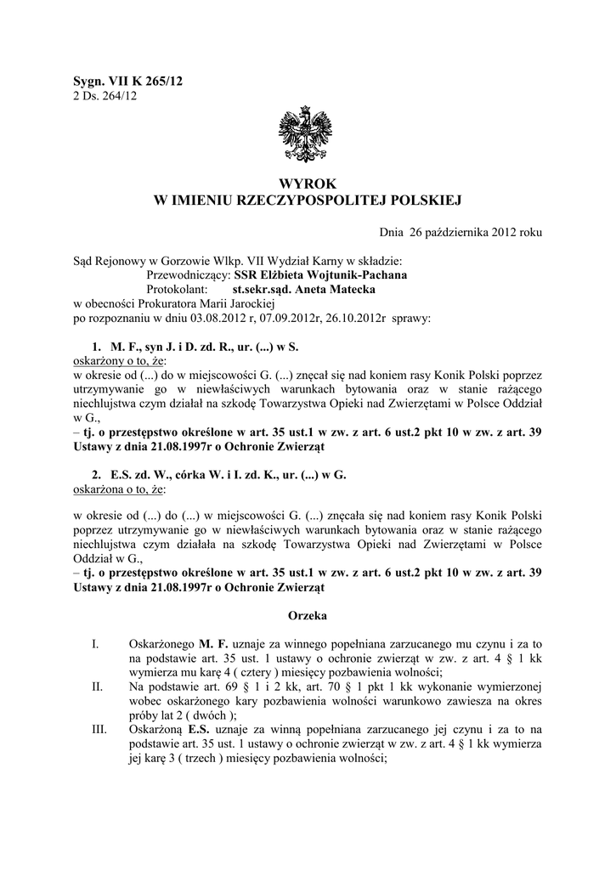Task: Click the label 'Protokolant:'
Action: coord(178,289)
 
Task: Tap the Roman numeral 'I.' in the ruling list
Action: coord(94,646)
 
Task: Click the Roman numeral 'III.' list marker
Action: coord(99,728)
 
